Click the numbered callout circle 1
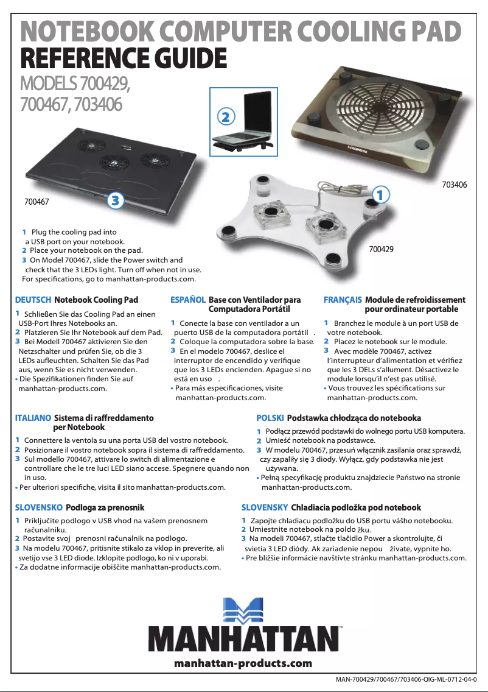(x=380, y=195)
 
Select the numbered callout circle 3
(x=115, y=199)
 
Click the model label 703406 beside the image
(x=454, y=183)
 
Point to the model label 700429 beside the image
(x=382, y=249)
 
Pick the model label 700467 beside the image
(x=37, y=200)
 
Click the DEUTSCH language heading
(x=33, y=300)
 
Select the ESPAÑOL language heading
(x=188, y=300)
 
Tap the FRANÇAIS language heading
(x=343, y=300)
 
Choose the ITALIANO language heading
(x=33, y=418)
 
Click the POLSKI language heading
(x=270, y=418)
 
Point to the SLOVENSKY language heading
(x=265, y=507)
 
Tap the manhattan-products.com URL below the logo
(x=243, y=663)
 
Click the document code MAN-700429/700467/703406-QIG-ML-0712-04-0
(x=406, y=679)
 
